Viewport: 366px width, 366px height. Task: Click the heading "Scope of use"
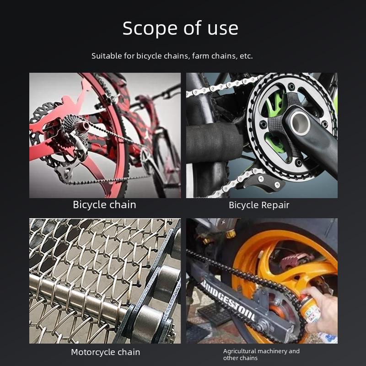tap(180, 28)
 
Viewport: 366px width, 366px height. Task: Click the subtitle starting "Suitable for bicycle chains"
tap(172, 56)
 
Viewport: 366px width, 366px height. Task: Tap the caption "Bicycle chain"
tap(104, 205)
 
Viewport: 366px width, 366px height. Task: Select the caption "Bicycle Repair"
tap(259, 205)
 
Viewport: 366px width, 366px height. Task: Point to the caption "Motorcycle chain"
tap(105, 352)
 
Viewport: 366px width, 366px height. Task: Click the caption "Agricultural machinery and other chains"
tap(261, 355)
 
